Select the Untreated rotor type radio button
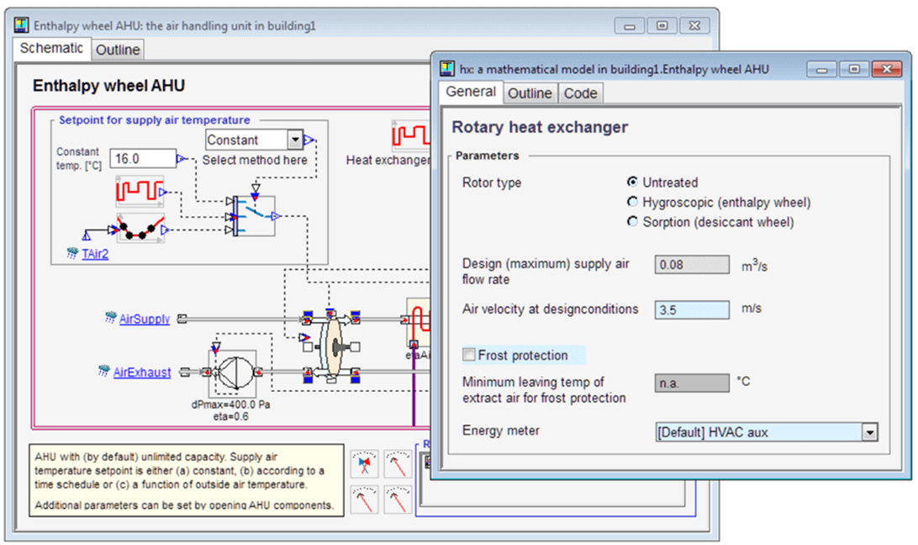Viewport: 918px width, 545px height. click(x=632, y=183)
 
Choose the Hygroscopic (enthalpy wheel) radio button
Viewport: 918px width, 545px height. click(x=632, y=203)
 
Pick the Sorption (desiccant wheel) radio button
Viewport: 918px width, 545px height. click(x=632, y=222)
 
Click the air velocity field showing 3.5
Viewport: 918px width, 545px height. click(x=692, y=310)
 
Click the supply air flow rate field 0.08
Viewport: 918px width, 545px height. click(x=692, y=265)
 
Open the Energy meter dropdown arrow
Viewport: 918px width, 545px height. click(x=870, y=432)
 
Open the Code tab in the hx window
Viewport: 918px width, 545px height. click(x=580, y=93)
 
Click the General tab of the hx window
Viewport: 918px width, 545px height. click(x=470, y=93)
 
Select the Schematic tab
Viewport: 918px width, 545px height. click(x=51, y=49)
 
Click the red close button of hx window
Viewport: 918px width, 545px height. click(x=880, y=69)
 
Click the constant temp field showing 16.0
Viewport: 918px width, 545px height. click(x=143, y=158)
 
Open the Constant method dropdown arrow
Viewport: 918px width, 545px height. click(x=294, y=140)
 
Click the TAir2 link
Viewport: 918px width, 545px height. click(x=95, y=253)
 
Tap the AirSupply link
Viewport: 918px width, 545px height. click(x=144, y=319)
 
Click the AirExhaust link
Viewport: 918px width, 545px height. click(x=142, y=372)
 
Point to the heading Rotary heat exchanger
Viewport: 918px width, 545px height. click(x=540, y=128)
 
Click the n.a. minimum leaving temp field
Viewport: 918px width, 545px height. click(x=692, y=384)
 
